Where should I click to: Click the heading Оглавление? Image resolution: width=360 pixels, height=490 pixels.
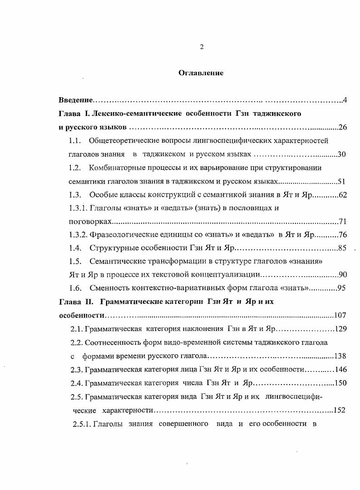pyautogui.click(x=201, y=73)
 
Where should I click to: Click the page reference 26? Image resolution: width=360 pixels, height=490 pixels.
pyautogui.click(x=343, y=127)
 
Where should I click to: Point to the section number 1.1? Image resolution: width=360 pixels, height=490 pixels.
pyautogui.click(x=74, y=140)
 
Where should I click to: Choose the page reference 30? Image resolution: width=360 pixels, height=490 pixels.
pyautogui.click(x=342, y=154)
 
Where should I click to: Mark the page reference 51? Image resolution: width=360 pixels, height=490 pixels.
pyautogui.click(x=342, y=182)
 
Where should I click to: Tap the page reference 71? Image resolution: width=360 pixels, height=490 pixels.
pyautogui.click(x=343, y=222)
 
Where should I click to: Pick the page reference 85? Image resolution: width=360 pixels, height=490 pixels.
pyautogui.click(x=342, y=248)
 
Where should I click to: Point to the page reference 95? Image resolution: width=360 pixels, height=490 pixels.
pyautogui.click(x=342, y=288)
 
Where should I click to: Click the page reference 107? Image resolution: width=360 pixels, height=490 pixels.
pyautogui.click(x=340, y=316)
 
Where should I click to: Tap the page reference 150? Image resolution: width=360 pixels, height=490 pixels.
pyautogui.click(x=340, y=383)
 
